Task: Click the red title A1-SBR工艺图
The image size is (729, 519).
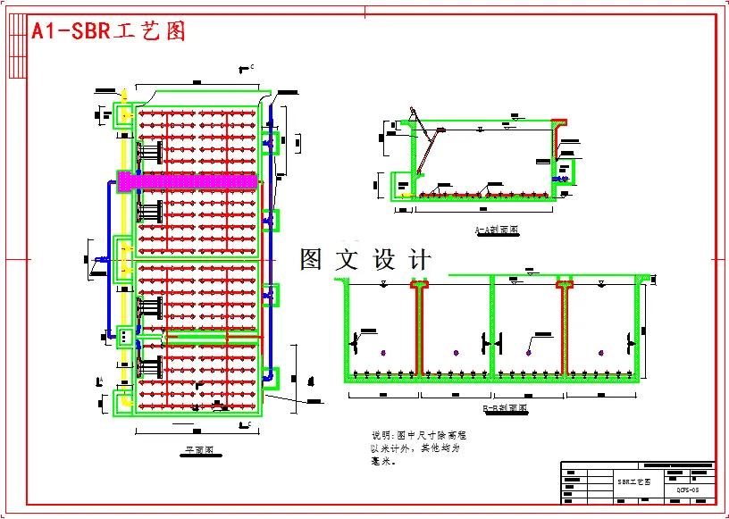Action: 108,31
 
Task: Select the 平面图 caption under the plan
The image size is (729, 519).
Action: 197,451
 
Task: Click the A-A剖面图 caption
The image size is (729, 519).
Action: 497,230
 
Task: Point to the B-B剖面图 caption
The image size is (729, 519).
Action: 505,408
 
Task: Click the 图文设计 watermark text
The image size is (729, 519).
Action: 365,260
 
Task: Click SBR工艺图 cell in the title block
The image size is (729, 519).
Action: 633,481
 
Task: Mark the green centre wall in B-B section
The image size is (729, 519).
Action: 491,327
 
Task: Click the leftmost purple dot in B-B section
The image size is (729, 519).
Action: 381,352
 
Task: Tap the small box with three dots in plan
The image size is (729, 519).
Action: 124,336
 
